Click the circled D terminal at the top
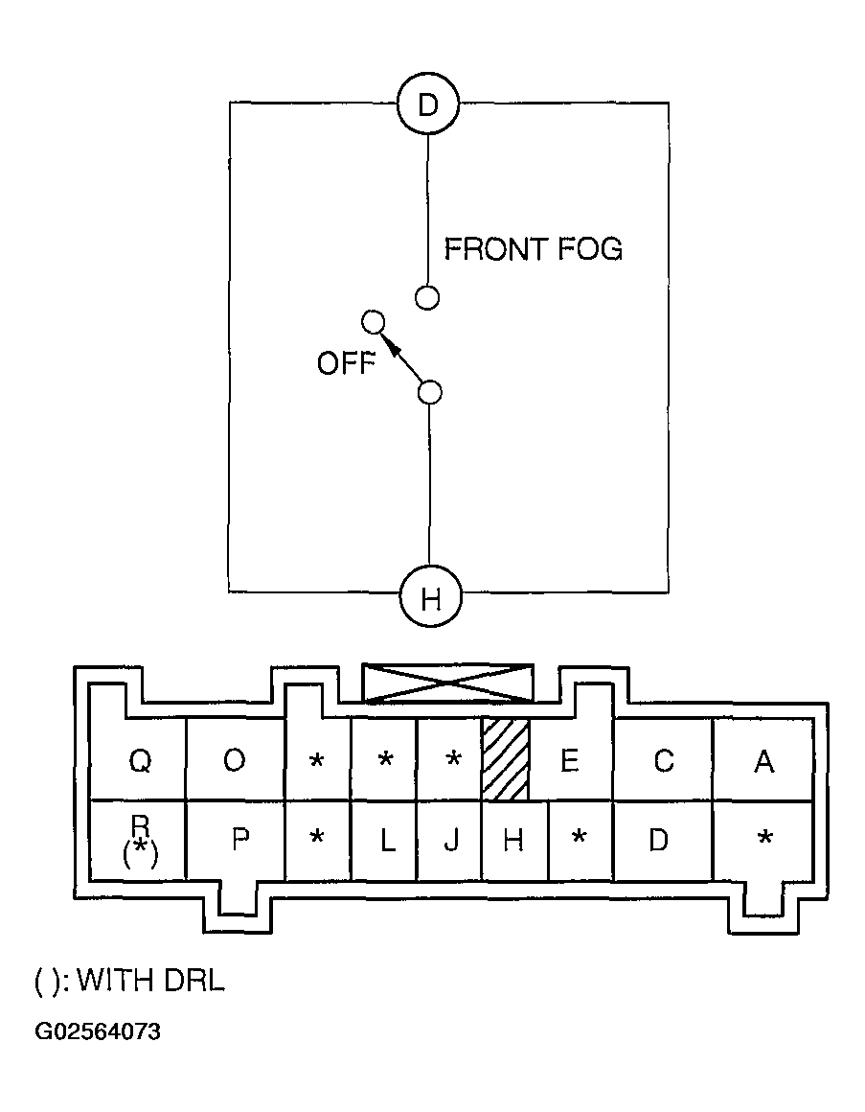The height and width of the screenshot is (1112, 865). (428, 104)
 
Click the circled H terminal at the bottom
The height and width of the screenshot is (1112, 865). (430, 599)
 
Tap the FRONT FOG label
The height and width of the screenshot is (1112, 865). (533, 249)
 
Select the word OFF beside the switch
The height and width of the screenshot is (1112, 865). (345, 364)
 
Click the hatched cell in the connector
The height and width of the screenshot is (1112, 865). (505, 759)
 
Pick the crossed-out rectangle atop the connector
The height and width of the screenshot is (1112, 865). (448, 682)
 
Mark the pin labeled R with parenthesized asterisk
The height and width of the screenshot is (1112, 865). (140, 840)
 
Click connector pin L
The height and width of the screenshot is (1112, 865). (386, 841)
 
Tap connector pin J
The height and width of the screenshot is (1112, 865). (450, 841)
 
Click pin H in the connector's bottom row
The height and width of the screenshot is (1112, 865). (513, 841)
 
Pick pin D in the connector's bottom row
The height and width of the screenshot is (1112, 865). (658, 841)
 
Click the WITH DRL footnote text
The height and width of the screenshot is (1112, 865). (129, 981)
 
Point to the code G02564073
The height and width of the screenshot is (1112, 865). (99, 1032)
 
